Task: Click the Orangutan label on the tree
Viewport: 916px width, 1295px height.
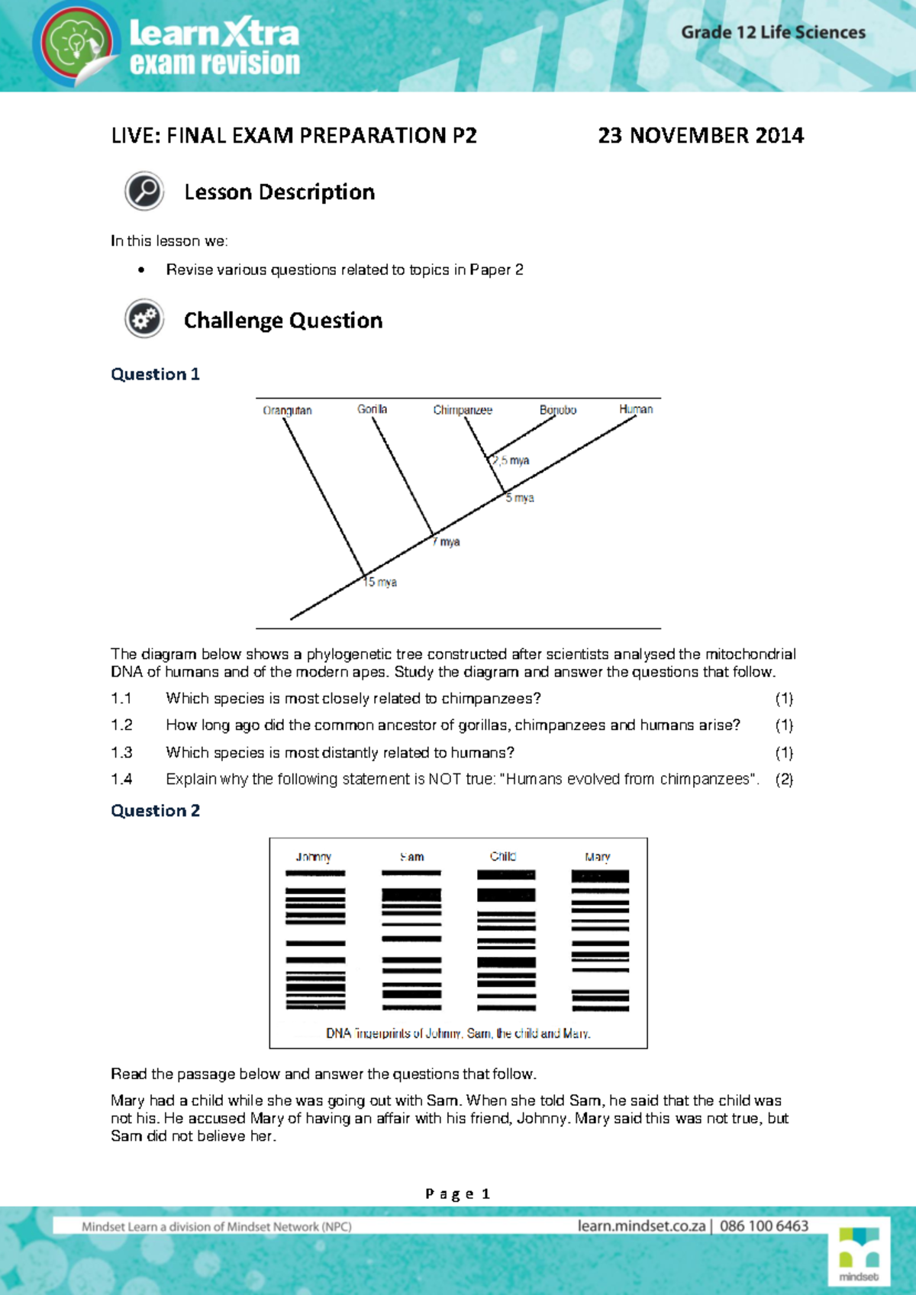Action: pos(287,410)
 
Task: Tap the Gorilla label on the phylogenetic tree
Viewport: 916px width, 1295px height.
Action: pos(372,409)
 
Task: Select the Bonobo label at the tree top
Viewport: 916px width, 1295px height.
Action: pos(558,410)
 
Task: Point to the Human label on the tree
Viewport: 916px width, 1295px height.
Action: pos(636,409)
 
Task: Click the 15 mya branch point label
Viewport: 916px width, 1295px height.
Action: pos(380,582)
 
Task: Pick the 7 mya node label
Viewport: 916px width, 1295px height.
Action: pos(447,541)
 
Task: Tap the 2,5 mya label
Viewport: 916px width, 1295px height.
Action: pos(511,460)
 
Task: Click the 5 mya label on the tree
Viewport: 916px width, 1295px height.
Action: pos(520,498)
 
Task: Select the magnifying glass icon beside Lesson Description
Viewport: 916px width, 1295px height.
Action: pos(144,191)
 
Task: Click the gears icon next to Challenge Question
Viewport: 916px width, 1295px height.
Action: pos(144,319)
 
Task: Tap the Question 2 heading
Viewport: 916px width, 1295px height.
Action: pos(155,810)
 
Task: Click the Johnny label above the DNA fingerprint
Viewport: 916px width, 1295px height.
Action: pos(314,857)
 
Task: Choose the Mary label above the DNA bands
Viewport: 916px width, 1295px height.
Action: pos(598,857)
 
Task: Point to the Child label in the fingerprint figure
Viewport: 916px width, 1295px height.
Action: pos(503,856)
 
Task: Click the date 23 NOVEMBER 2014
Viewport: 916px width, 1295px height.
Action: pos(701,136)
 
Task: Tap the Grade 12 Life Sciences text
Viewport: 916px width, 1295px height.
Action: pos(773,32)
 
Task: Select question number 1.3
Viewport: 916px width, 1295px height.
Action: pos(121,752)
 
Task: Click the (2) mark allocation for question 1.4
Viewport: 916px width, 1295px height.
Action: pos(784,779)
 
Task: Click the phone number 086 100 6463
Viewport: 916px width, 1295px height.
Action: pos(764,1226)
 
